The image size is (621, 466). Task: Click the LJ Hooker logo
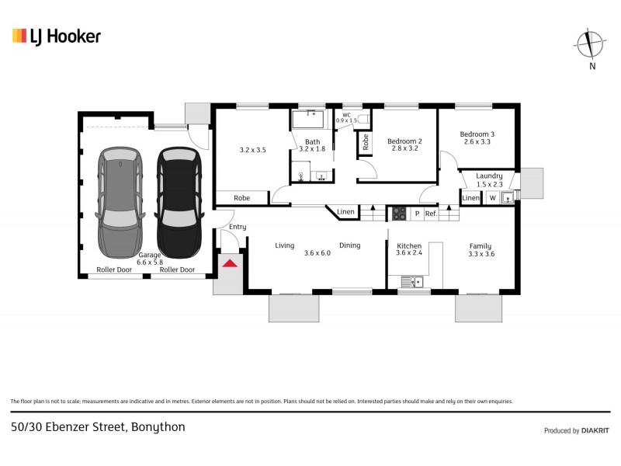[x=57, y=37]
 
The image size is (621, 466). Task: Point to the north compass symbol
[x=592, y=44]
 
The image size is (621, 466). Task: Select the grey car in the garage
[x=120, y=202]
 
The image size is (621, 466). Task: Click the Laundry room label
[x=489, y=176]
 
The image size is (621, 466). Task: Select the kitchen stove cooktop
[x=398, y=213]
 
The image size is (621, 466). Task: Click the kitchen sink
[x=412, y=282]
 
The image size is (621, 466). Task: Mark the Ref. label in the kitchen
[x=431, y=214]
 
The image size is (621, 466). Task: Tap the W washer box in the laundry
[x=491, y=198]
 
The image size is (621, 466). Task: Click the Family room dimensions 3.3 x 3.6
[x=481, y=253]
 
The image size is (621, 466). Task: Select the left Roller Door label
[x=113, y=270]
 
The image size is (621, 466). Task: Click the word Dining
[x=349, y=245]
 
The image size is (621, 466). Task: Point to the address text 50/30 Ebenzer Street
[x=98, y=426]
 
